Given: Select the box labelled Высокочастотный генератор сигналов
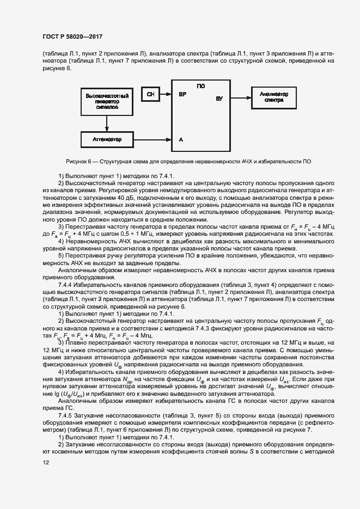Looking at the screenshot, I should pos(107,101).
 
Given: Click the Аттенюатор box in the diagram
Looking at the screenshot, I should pos(107,140).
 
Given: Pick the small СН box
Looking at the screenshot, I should pos(150,94).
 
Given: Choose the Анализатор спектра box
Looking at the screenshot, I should pos(274,97).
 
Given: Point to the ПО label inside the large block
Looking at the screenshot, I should pos(200,86).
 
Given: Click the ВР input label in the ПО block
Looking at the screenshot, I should pos(182,94).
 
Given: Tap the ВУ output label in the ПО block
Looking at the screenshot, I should pos(219,99).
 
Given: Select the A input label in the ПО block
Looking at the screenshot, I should pos(181,140).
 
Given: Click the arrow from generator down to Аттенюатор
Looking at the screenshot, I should pos(107,124).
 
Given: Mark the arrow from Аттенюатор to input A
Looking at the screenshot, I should pos(153,140).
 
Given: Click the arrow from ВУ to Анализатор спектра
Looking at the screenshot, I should pos(240,97).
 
